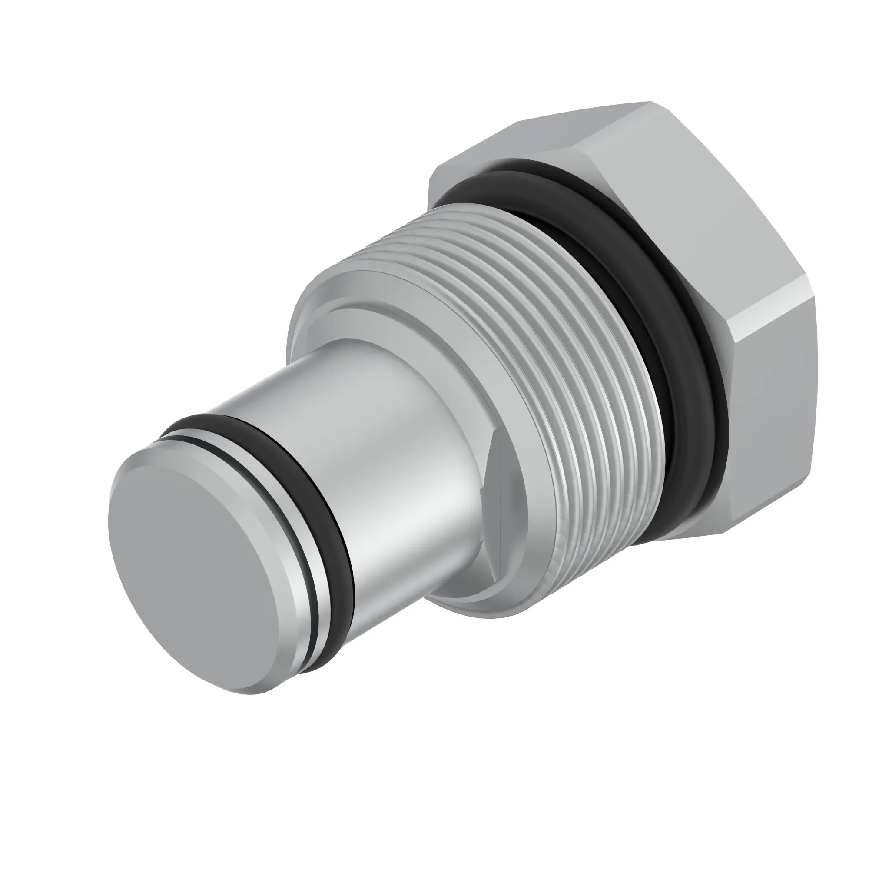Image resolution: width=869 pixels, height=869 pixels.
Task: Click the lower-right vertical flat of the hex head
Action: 792,427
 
